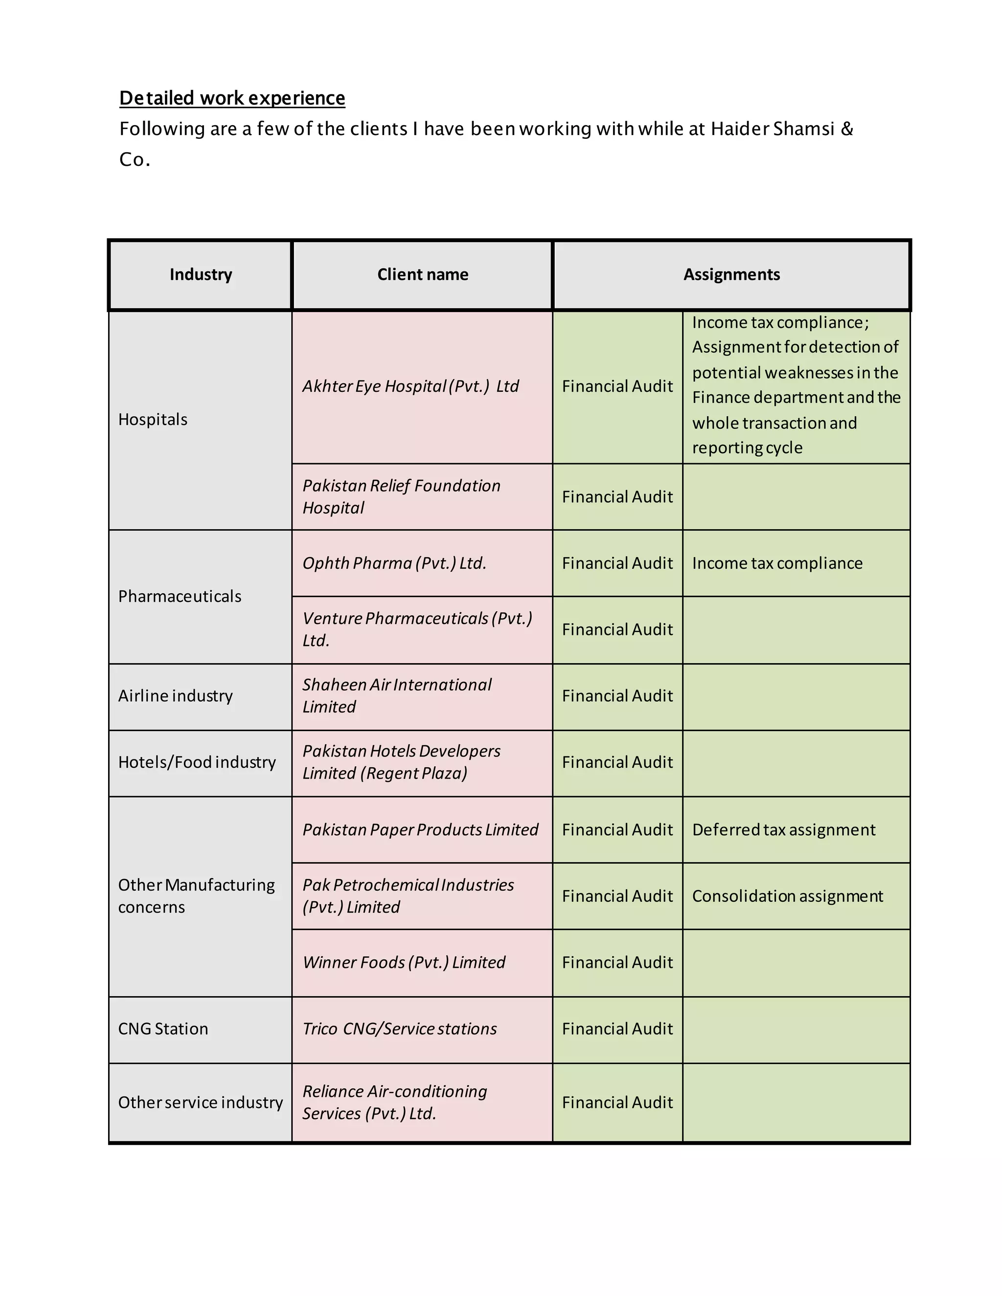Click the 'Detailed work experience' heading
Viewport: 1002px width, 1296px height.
tap(231, 98)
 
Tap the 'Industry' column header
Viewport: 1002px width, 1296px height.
tap(201, 274)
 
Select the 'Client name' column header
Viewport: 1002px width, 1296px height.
tap(423, 274)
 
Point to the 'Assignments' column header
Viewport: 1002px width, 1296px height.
tap(731, 274)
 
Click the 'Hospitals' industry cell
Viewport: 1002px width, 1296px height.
tap(153, 420)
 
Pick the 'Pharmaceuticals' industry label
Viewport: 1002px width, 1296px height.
tap(179, 596)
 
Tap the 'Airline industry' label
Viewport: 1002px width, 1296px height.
tap(175, 695)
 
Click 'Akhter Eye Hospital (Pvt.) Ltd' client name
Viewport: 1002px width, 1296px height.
tap(410, 386)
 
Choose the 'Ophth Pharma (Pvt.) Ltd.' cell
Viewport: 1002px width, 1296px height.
tap(394, 563)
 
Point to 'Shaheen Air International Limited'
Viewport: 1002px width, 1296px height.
tap(396, 695)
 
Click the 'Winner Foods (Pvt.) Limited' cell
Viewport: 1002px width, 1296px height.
tap(404, 962)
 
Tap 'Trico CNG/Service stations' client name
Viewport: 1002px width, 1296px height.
tap(400, 1028)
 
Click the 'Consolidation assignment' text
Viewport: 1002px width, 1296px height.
tap(787, 896)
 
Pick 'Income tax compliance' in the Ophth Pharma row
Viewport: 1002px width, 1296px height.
tap(777, 563)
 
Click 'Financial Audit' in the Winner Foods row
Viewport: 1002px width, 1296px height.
tap(617, 962)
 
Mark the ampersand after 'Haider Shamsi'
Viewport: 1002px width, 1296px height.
tap(847, 129)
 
